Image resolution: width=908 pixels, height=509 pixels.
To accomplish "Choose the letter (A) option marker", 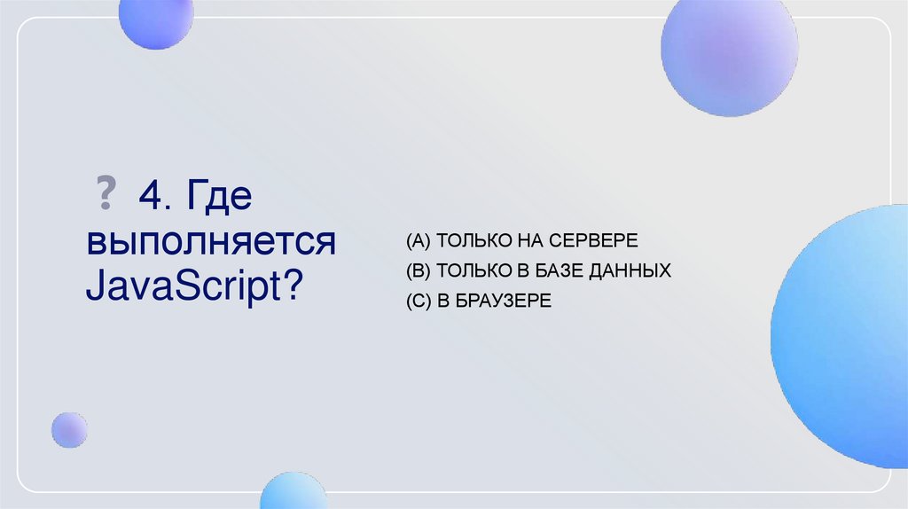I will (x=418, y=241).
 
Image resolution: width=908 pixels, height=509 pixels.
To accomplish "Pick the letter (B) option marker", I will (x=418, y=271).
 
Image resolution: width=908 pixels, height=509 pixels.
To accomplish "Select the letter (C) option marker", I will (x=418, y=301).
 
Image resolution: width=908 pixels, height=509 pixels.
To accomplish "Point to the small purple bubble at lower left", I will (x=68, y=430).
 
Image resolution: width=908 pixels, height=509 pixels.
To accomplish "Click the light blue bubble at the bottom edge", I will (x=294, y=492).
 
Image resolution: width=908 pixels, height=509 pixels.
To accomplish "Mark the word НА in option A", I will (x=528, y=241).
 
